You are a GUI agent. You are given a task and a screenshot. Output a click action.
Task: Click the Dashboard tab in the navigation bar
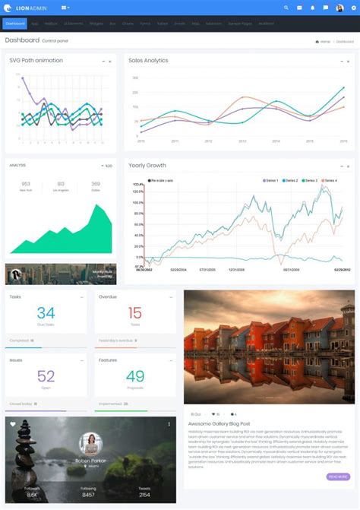(x=15, y=24)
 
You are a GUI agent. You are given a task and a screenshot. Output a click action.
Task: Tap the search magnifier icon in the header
(x=286, y=8)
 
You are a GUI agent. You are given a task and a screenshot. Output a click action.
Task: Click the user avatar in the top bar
(x=339, y=8)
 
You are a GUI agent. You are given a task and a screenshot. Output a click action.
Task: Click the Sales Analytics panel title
(x=148, y=60)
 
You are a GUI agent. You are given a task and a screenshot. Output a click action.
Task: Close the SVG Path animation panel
(x=110, y=61)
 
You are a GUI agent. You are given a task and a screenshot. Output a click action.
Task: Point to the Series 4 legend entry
(x=328, y=180)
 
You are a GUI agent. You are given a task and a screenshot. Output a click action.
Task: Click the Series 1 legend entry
(x=271, y=180)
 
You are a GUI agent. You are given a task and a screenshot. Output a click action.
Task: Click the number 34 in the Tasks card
(x=46, y=312)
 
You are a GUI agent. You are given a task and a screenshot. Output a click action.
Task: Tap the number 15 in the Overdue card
(x=135, y=312)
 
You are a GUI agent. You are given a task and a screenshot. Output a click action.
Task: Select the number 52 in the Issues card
(x=46, y=375)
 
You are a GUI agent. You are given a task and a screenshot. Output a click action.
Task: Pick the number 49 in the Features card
(x=135, y=375)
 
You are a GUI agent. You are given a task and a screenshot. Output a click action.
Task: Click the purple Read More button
(x=338, y=477)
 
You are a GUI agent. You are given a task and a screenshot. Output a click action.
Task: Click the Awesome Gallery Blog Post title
(x=220, y=423)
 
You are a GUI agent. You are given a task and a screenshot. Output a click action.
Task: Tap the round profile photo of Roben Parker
(x=90, y=443)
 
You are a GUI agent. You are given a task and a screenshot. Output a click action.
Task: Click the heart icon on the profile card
(x=13, y=424)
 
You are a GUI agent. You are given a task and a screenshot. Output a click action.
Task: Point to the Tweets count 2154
(x=144, y=495)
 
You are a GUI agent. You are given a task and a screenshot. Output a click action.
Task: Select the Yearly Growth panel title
(x=147, y=165)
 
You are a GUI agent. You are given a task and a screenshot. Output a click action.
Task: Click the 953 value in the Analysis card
(x=26, y=183)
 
